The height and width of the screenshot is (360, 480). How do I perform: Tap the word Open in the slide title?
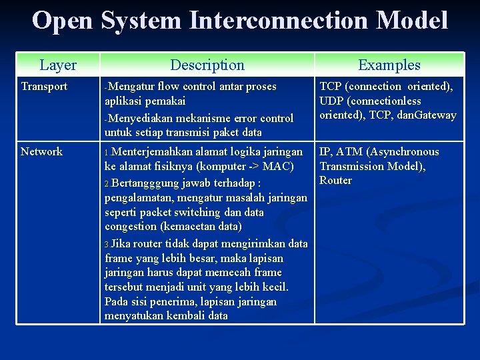tap(63, 21)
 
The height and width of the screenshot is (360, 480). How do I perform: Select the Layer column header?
tap(58, 65)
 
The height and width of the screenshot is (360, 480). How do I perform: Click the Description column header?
tap(207, 65)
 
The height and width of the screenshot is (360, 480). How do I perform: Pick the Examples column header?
tap(389, 65)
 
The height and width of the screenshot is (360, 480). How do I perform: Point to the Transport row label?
tap(44, 87)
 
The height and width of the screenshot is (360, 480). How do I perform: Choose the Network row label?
tap(41, 151)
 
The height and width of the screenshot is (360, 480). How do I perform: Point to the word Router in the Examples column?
tap(336, 181)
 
